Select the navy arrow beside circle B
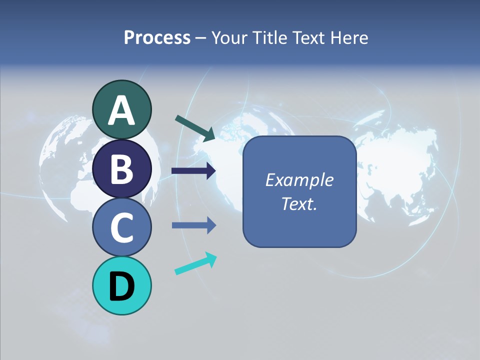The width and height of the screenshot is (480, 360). pyautogui.click(x=193, y=171)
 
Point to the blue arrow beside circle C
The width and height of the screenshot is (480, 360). pyautogui.click(x=193, y=225)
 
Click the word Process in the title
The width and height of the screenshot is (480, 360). pyautogui.click(x=157, y=37)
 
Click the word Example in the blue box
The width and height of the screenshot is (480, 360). pyautogui.click(x=299, y=180)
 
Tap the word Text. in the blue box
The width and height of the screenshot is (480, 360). pyautogui.click(x=299, y=203)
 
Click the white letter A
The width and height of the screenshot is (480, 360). pyautogui.click(x=121, y=111)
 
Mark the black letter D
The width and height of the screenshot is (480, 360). pyautogui.click(x=121, y=286)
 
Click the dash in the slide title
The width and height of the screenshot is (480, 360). pyautogui.click(x=201, y=38)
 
